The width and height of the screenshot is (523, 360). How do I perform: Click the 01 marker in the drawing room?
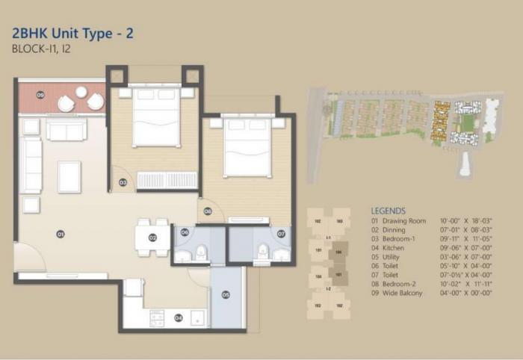pos(61,234)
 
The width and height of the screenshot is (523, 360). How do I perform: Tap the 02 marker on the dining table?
pos(152,238)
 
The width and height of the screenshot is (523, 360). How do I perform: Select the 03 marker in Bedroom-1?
pos(123,182)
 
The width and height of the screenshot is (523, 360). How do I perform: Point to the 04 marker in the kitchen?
pos(179,317)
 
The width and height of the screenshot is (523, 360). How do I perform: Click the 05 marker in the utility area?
pos(226,295)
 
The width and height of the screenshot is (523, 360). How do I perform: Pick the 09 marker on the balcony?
pos(40,95)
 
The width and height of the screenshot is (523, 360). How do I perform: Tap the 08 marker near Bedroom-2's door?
pos(208,211)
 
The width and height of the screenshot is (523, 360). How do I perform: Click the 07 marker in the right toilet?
pos(281,234)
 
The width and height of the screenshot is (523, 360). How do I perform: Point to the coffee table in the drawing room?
pos(69,176)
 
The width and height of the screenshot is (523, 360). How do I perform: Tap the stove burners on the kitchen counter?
pos(158,317)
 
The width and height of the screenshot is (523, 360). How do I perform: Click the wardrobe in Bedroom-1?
pos(167,180)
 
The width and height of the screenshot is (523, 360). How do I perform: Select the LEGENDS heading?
pos(388,211)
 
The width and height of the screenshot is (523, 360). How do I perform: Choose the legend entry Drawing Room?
pos(404,221)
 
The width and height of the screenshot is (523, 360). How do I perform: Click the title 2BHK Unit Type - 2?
pos(72,33)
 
